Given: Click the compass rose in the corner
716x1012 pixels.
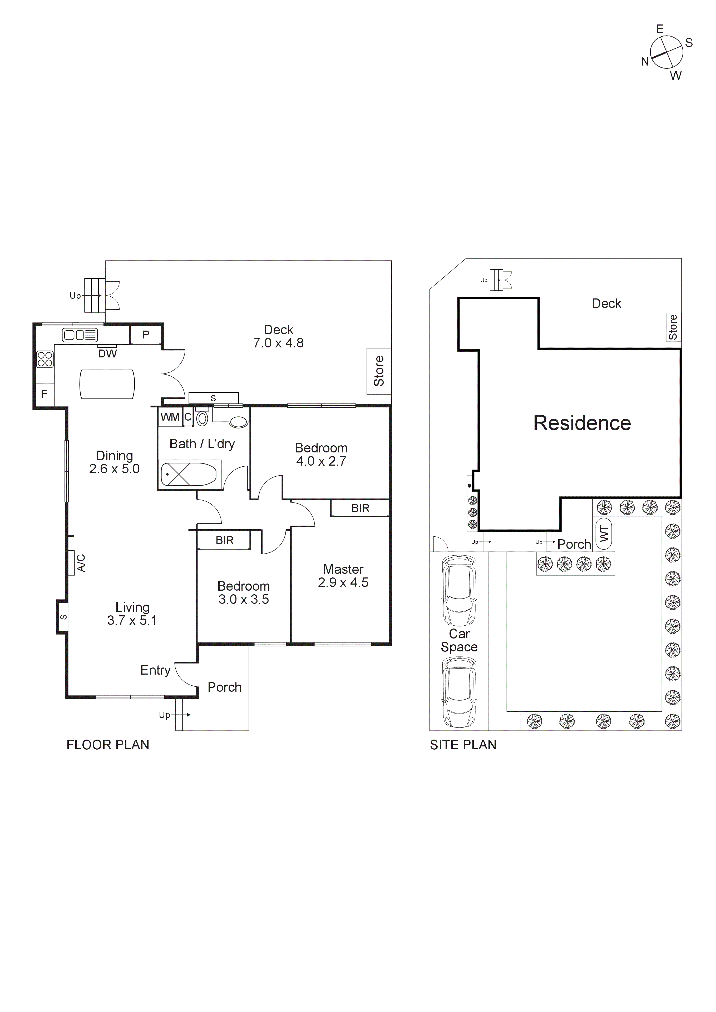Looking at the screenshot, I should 666,52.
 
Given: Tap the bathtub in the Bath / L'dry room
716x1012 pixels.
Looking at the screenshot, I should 189,475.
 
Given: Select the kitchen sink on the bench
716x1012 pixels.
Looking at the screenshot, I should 79,335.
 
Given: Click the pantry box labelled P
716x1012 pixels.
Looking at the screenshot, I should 146,335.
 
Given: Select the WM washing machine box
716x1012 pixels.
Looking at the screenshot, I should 170,417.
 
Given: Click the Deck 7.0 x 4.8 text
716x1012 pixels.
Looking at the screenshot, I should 278,336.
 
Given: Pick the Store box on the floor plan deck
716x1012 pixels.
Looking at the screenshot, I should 379,371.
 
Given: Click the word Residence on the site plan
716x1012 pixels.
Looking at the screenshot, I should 582,423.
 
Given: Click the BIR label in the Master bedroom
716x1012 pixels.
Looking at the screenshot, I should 360,508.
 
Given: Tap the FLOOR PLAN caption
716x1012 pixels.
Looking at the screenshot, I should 108,745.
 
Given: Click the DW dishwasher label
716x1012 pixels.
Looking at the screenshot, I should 107,353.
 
